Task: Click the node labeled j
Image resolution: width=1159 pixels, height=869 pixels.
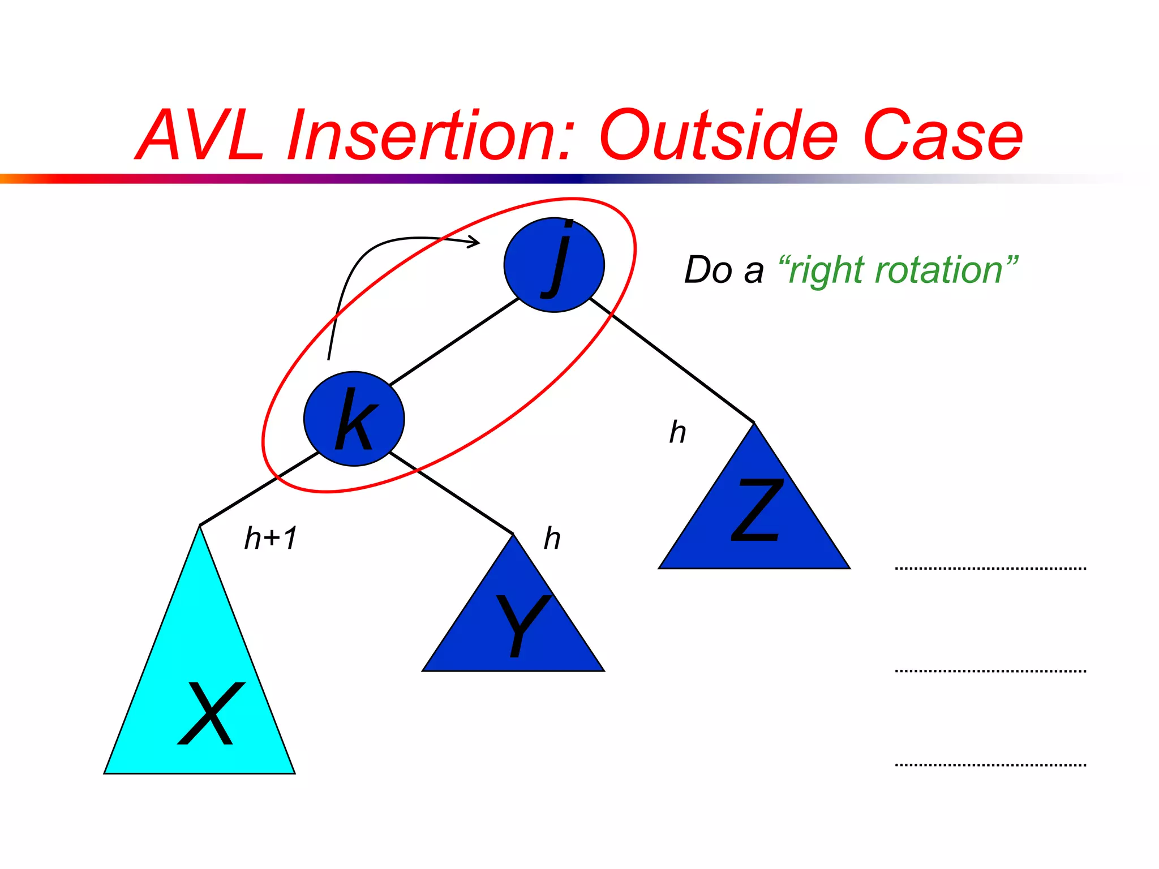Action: [554, 265]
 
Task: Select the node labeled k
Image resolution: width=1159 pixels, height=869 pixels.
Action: [354, 419]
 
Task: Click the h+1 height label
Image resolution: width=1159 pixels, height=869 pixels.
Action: [271, 538]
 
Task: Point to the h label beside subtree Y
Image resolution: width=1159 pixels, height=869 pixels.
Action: [552, 538]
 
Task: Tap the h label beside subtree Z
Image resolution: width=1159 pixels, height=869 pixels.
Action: [677, 432]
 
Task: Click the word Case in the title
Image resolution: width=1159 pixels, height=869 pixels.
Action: [942, 136]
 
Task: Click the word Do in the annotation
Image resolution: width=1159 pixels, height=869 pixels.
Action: [708, 270]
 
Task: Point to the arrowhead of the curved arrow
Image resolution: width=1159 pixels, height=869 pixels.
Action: [475, 243]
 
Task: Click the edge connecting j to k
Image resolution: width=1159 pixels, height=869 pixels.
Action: [454, 342]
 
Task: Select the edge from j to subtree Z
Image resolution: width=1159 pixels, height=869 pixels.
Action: [672, 360]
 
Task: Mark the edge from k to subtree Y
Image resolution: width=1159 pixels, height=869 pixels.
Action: [452, 493]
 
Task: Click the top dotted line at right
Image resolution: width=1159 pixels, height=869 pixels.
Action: [990, 568]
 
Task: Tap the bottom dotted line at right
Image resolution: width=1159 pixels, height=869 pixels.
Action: [990, 765]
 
